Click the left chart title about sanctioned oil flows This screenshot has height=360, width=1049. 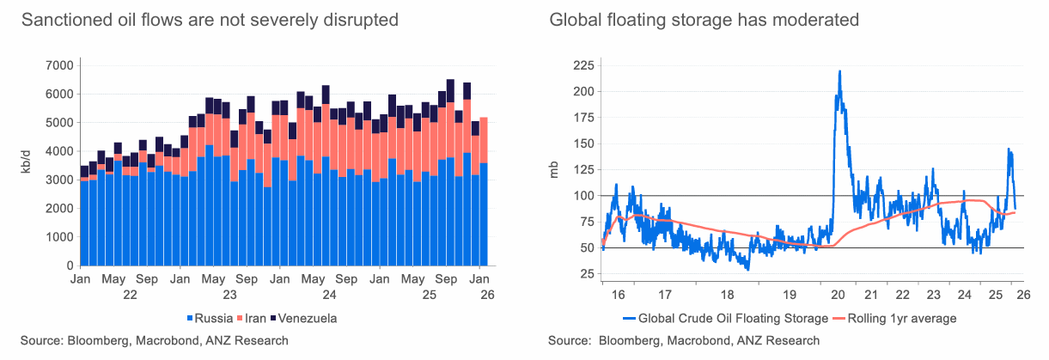pos(210,19)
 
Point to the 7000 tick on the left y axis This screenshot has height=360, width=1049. pos(58,65)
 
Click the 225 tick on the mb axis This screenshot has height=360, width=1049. pos(583,65)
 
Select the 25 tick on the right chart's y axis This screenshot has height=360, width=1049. pos(587,274)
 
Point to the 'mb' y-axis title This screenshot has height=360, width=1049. pos(553,169)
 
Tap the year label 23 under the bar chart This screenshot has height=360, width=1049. pos(230,295)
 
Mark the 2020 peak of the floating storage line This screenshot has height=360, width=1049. pos(839,71)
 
